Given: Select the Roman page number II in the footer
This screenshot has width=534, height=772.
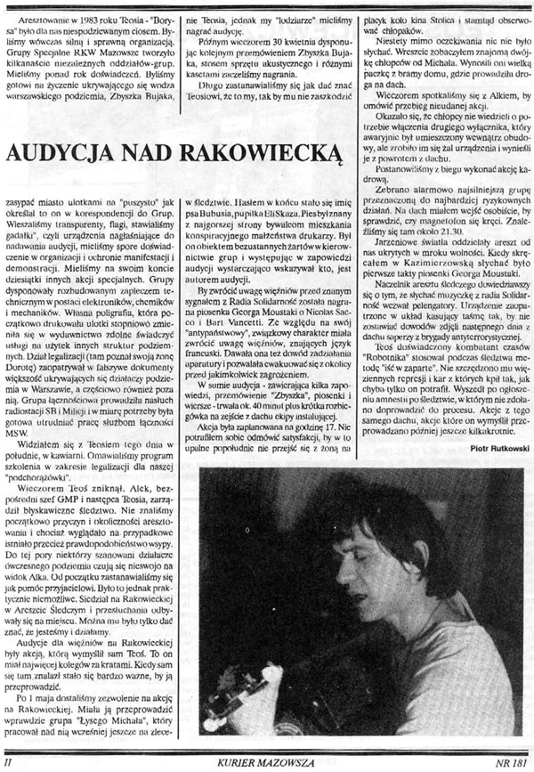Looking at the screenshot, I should coord(9,763).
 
